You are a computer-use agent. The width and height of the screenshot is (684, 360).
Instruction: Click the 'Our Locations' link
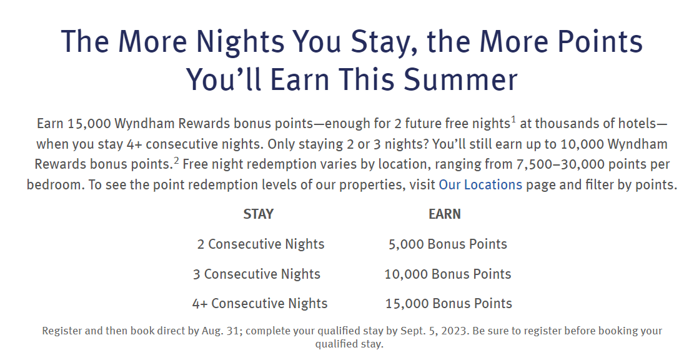tap(480, 184)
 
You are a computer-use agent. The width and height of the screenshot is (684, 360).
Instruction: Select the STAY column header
tap(258, 214)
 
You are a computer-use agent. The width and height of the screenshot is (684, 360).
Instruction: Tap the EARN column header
tap(445, 214)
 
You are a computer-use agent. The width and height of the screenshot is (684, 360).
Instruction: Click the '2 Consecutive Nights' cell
tap(261, 244)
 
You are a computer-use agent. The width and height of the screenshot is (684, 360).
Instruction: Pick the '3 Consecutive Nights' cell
tap(257, 274)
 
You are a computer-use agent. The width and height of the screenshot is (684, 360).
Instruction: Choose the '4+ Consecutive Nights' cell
tap(260, 303)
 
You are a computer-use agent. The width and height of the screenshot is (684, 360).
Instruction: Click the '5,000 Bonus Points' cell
tap(448, 244)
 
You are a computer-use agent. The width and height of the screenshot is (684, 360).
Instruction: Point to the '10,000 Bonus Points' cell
tap(447, 274)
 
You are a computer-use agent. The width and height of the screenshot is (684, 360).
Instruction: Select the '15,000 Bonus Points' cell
tap(449, 303)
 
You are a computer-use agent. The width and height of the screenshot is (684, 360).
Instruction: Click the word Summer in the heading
tap(460, 79)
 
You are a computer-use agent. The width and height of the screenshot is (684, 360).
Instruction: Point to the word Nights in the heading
tap(240, 42)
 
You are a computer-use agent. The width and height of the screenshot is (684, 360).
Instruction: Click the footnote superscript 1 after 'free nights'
tap(513, 119)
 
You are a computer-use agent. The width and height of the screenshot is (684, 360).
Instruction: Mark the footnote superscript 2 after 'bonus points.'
tap(176, 160)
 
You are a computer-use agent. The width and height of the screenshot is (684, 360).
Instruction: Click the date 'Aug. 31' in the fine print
tap(221, 331)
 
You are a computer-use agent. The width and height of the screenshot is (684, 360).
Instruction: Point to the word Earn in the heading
tap(299, 79)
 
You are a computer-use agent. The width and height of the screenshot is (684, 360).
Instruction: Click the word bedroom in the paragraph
tap(54, 184)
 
